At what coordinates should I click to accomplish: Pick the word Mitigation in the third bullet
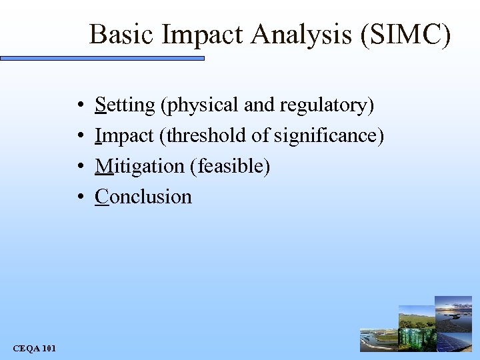click(x=141, y=166)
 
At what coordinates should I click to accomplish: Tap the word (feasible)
click(x=231, y=166)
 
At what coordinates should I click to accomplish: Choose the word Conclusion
click(x=143, y=197)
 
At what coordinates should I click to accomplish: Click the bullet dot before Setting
click(x=79, y=106)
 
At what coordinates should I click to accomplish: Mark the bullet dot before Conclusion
click(x=79, y=197)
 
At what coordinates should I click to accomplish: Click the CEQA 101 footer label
click(x=35, y=348)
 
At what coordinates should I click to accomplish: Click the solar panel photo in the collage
click(x=453, y=340)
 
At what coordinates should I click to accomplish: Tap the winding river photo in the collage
click(x=378, y=340)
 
